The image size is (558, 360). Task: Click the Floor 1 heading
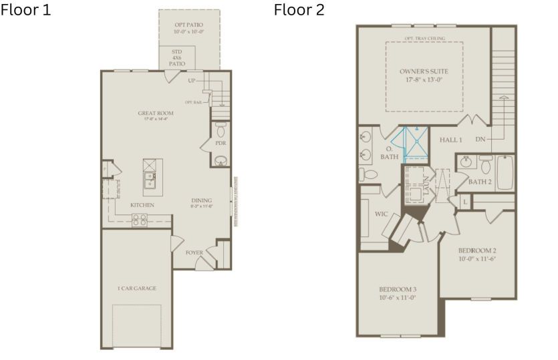pyautogui.click(x=26, y=11)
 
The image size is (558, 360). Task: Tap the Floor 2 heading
pyautogui.click(x=299, y=11)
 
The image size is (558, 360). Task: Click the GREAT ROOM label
pyautogui.click(x=156, y=114)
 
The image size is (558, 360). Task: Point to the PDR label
pyautogui.click(x=221, y=143)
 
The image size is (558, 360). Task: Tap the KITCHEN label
pyautogui.click(x=142, y=204)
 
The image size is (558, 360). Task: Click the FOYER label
pyautogui.click(x=194, y=252)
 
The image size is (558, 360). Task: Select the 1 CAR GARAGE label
pyautogui.click(x=136, y=288)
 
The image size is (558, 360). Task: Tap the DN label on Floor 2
pyautogui.click(x=480, y=139)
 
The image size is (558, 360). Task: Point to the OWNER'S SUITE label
pyautogui.click(x=424, y=71)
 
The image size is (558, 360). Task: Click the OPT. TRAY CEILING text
pyautogui.click(x=424, y=39)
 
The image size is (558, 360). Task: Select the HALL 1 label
pyautogui.click(x=450, y=140)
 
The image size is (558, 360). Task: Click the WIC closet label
pyautogui.click(x=382, y=214)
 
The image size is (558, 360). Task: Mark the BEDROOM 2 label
pyautogui.click(x=477, y=251)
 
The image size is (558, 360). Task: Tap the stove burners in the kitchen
pyautogui.click(x=140, y=219)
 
